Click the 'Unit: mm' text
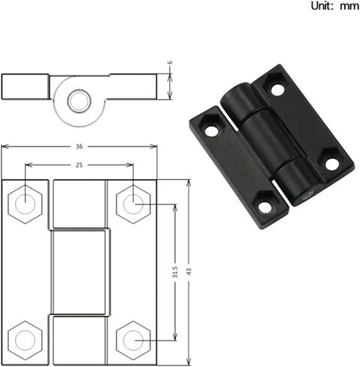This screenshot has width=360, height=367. pos(334,6)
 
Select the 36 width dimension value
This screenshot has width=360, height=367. pos(79,147)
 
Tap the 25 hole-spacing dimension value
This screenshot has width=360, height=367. pos(79,165)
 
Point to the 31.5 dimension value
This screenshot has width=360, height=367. pos(175,271)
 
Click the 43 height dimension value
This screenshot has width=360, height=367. pos(189,271)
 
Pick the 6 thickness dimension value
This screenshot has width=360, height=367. pos(170,62)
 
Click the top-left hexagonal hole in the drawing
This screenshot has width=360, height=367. pos(25,205)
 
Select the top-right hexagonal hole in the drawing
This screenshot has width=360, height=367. pos(133,205)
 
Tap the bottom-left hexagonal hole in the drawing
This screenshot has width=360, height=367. pos(25,340)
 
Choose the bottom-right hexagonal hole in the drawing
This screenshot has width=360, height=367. pos(133,340)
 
